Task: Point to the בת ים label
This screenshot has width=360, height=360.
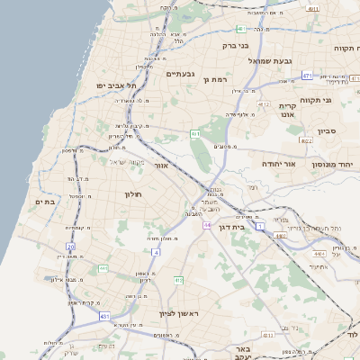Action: pyautogui.click(x=45, y=202)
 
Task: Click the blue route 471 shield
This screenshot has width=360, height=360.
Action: pyautogui.click(x=307, y=76)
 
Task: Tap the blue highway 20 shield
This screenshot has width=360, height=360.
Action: pyautogui.click(x=70, y=246)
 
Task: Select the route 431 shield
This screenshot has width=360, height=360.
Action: pyautogui.click(x=105, y=317)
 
